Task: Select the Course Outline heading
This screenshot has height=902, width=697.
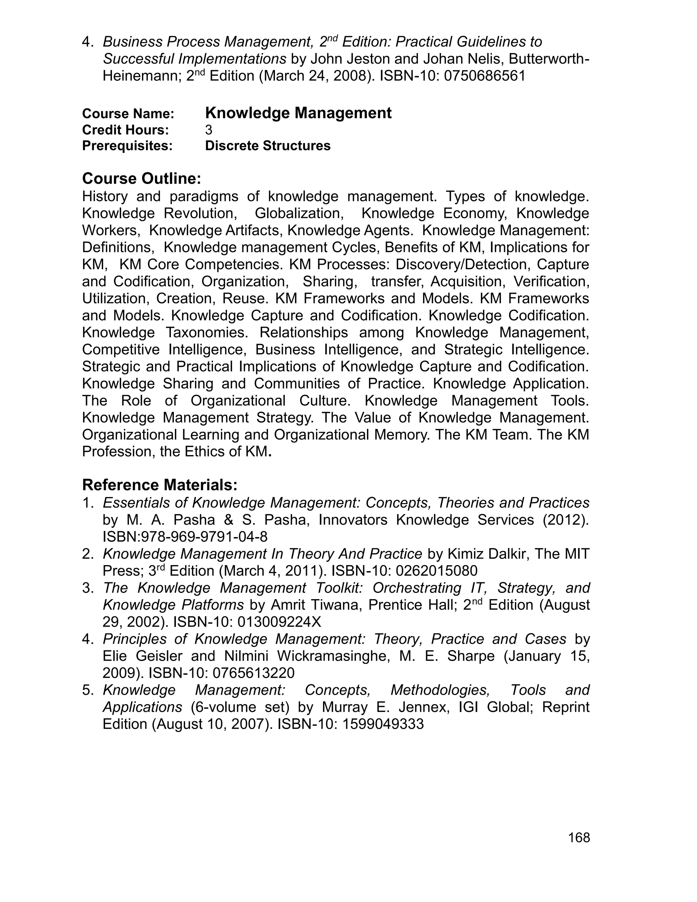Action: pyautogui.click(x=141, y=178)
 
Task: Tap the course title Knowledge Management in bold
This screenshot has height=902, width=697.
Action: pyautogui.click(x=298, y=113)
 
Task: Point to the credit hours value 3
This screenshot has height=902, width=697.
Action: pyautogui.click(x=209, y=130)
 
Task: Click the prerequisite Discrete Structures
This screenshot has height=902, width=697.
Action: pyautogui.click(x=268, y=146)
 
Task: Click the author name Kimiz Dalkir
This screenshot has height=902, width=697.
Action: pyautogui.click(x=486, y=553)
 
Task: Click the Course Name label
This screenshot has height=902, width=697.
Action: pyautogui.click(x=128, y=114)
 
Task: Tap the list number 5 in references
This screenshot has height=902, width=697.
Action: pyautogui.click(x=87, y=690)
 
